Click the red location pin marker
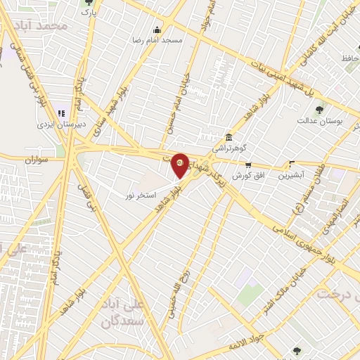coord(180,165)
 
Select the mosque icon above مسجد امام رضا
coord(157,30)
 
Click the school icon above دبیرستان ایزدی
coord(62,113)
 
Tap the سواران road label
coord(35,160)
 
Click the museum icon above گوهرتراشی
coord(229,138)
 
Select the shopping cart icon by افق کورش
coord(247,165)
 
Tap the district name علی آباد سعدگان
coord(122,314)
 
